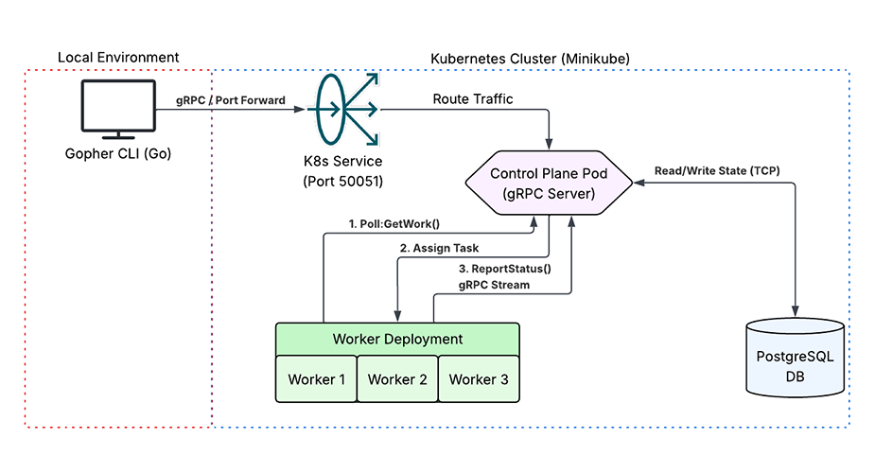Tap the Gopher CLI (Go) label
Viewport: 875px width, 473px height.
(117, 154)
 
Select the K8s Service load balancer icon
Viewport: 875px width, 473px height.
(341, 112)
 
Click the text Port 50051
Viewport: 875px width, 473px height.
(342, 180)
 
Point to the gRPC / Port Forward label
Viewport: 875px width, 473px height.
(231, 99)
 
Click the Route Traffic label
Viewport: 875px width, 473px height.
(473, 98)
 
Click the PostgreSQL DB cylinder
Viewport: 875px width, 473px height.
(795, 359)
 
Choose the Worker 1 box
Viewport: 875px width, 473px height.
(316, 379)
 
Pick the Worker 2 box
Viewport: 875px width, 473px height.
(397, 379)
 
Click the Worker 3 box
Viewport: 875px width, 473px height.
(479, 379)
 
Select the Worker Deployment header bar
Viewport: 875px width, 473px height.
(397, 339)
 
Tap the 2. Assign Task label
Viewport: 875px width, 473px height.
(439, 248)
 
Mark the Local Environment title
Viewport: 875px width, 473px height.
(118, 58)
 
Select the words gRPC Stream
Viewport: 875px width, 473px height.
(494, 284)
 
